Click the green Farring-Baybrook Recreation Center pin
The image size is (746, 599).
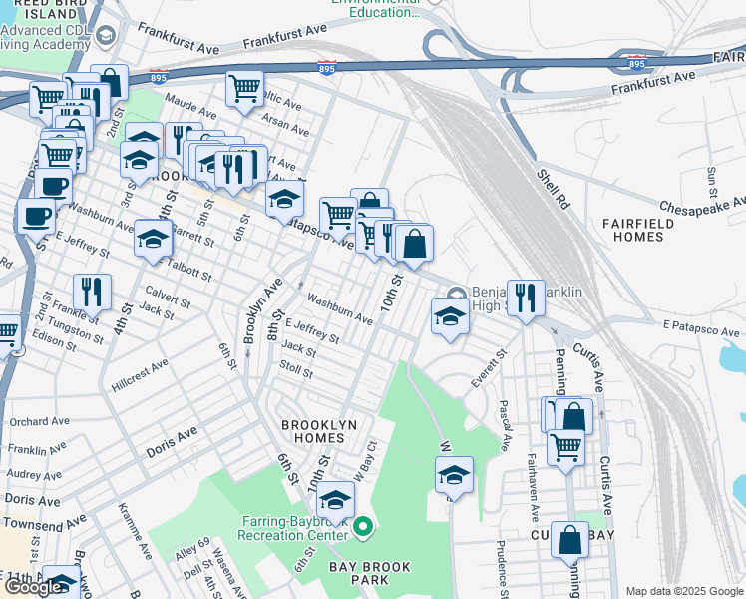pyautogui.click(x=363, y=525)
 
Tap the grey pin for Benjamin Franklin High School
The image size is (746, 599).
pyautogui.click(x=456, y=293)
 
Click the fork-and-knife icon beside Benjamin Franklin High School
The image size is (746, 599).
pyautogui.click(x=526, y=298)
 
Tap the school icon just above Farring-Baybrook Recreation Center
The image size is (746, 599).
pyautogui.click(x=336, y=500)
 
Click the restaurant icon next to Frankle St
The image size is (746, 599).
pyautogui.click(x=92, y=293)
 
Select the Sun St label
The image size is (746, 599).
pyautogui.click(x=712, y=182)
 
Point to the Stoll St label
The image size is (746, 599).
pyautogui.click(x=296, y=374)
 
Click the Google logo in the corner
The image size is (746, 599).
pyautogui.click(x=34, y=587)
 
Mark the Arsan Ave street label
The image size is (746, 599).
pyautogui.click(x=285, y=125)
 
